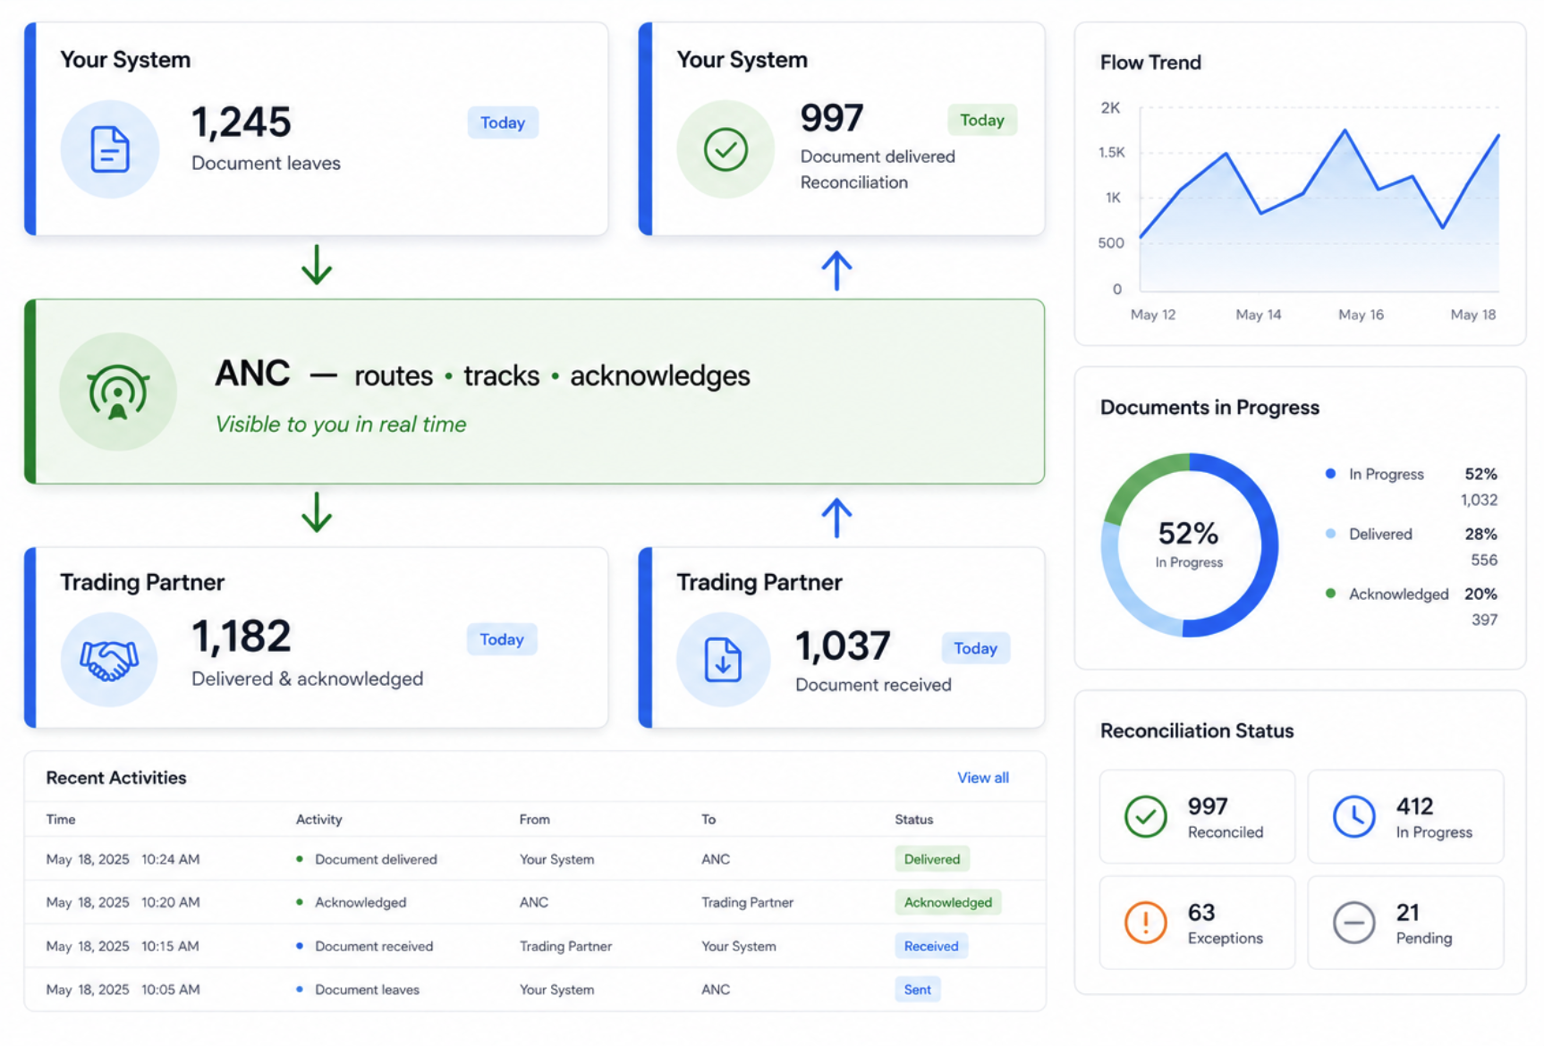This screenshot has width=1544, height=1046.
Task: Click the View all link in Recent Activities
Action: point(982,778)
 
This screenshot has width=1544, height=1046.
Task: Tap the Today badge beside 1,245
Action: point(503,122)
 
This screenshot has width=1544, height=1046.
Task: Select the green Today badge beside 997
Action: point(981,120)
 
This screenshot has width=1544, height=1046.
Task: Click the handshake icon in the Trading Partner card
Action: point(109,661)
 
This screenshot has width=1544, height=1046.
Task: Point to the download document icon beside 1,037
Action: point(723,660)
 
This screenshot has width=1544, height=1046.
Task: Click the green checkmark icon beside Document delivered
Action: point(725,149)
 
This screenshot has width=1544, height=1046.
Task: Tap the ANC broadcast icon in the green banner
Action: point(117,392)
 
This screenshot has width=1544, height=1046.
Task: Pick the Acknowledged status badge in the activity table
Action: point(947,902)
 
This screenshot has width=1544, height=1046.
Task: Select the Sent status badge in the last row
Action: point(917,990)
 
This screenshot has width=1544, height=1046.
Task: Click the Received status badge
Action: point(930,946)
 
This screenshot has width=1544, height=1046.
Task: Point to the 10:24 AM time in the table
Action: point(170,859)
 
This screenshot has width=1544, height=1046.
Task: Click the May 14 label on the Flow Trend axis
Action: point(1258,315)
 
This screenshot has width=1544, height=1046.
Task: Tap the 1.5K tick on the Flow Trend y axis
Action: point(1111,152)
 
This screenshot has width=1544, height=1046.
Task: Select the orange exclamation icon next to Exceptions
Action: point(1145,922)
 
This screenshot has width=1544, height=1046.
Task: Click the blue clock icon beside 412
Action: point(1353,816)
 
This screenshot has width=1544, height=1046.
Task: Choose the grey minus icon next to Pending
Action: point(1353,922)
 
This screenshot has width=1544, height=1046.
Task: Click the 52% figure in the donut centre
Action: point(1188,534)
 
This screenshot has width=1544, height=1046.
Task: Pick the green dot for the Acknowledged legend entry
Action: point(1330,593)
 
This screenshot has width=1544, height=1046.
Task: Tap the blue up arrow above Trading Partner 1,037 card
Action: point(836,518)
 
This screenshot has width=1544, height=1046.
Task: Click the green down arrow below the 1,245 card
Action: point(317,265)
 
